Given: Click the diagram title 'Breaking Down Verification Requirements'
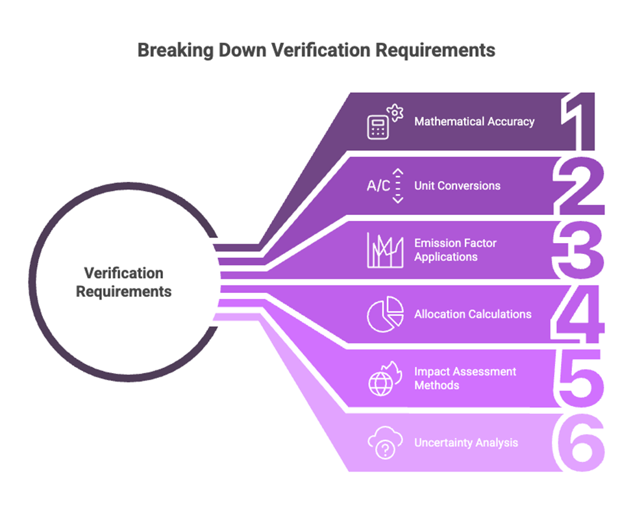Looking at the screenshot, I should point(316,50).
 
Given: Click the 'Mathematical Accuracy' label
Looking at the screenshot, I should point(474,121).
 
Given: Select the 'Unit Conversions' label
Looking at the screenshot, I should point(457,185).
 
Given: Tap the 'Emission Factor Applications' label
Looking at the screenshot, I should point(455,249).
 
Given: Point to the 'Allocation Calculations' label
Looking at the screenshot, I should point(473,314).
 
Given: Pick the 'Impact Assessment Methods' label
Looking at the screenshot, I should point(465,378).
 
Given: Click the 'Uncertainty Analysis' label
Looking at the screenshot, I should point(465,442).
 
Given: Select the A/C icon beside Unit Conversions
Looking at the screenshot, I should point(385,185).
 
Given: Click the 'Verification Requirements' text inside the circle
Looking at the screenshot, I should point(123,282).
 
